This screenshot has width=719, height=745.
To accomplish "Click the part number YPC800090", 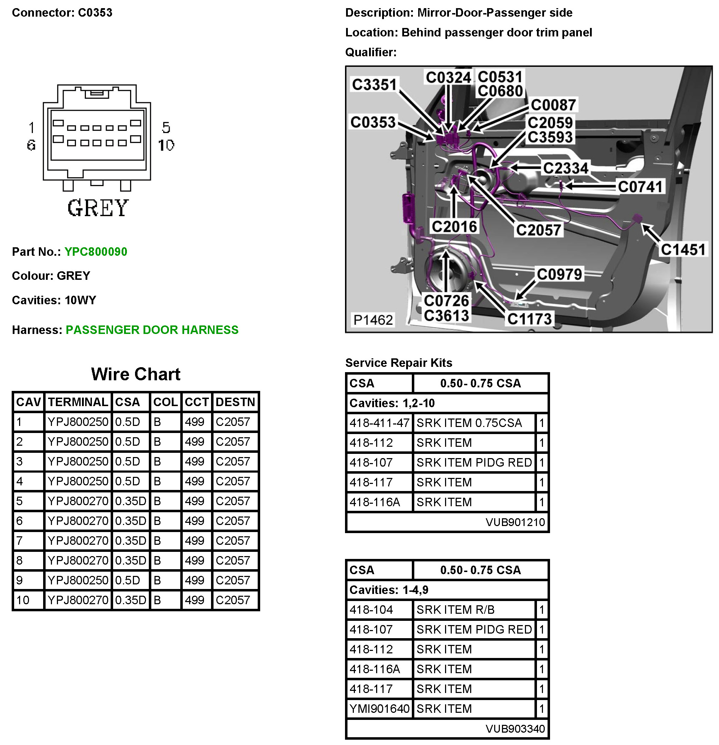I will pos(96,252).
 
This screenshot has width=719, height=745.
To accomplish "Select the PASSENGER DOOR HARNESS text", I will pos(152,330).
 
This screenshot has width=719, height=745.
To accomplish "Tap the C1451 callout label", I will pos(683,250).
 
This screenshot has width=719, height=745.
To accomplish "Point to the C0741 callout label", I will pos(640,187).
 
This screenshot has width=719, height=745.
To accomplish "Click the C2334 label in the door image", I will pos(566,168).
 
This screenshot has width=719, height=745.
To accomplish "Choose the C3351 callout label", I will pos(374,85).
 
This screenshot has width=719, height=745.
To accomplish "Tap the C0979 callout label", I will pos(559,274).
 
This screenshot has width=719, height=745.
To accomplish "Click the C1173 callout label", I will pos(530,319).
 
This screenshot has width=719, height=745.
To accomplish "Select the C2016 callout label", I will pos(454,226).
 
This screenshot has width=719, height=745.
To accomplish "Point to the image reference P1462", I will pos(373,320).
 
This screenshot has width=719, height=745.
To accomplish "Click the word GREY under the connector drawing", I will pos(98,208).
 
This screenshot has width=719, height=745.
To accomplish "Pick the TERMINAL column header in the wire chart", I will pos(78,402).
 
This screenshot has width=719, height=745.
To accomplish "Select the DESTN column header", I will pos(235,402).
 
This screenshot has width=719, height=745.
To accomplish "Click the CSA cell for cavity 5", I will pos(130,501).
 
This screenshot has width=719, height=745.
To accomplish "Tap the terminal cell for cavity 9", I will pos(78,580).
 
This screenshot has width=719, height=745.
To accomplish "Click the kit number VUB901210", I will pos(515,522).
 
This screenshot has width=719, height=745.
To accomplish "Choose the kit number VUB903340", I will pos(515,729).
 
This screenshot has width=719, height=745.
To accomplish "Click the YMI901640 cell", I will pos(379,709).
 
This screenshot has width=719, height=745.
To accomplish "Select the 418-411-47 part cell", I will pos(379,423).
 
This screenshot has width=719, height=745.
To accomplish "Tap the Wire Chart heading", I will pos(136,374).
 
